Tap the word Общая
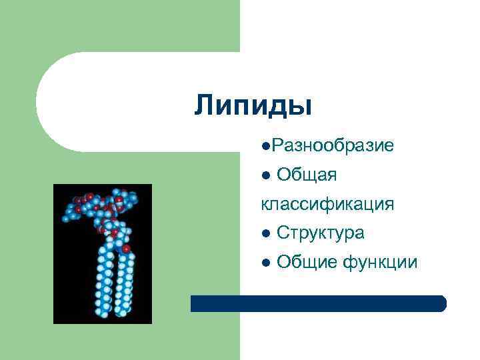point(306,175)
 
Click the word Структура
point(320,233)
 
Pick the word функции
point(380,263)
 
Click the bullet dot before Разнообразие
point(266,145)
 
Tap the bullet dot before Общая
point(266,175)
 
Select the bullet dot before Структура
point(266,234)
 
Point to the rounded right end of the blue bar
point(441,303)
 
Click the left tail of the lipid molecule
point(105,280)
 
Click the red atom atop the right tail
point(126,249)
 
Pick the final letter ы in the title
point(301,106)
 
